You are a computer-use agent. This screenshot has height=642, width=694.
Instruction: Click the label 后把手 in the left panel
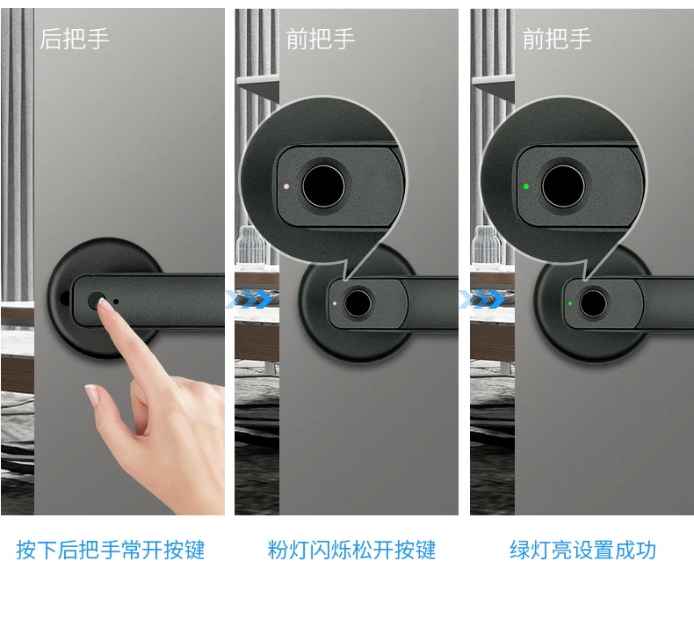coord(75,39)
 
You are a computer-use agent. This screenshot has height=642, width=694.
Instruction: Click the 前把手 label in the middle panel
coord(321,39)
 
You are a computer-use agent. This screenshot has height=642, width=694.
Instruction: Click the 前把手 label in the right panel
coord(557,39)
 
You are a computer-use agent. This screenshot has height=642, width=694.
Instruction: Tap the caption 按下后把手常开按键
coord(111,550)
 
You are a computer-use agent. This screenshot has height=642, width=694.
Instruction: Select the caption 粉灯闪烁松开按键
coord(352,550)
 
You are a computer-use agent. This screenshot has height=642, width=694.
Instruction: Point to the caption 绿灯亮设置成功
coord(583,550)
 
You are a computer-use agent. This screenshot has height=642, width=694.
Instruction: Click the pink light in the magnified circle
coord(286,186)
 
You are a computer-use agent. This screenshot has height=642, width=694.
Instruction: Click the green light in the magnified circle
coord(526,186)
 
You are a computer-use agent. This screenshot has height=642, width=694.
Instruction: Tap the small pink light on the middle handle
coord(335,303)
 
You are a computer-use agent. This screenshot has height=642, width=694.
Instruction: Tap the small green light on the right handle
coord(570,303)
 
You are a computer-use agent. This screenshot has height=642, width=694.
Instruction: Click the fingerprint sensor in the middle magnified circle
coord(323,186)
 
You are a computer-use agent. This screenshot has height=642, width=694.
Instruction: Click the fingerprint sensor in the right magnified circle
coord(563,186)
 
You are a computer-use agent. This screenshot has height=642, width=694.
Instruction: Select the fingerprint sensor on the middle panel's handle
coord(358,303)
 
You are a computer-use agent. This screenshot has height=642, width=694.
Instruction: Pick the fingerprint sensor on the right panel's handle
coord(593,303)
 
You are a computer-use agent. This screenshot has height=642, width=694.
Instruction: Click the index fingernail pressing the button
coord(105,303)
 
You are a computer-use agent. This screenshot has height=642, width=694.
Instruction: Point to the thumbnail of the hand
coord(92,395)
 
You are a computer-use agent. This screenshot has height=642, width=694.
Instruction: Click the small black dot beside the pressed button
coord(116,302)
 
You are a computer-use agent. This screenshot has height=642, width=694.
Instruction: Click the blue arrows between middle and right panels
coord(482,300)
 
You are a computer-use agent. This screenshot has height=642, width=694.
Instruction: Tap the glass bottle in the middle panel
coord(250,247)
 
